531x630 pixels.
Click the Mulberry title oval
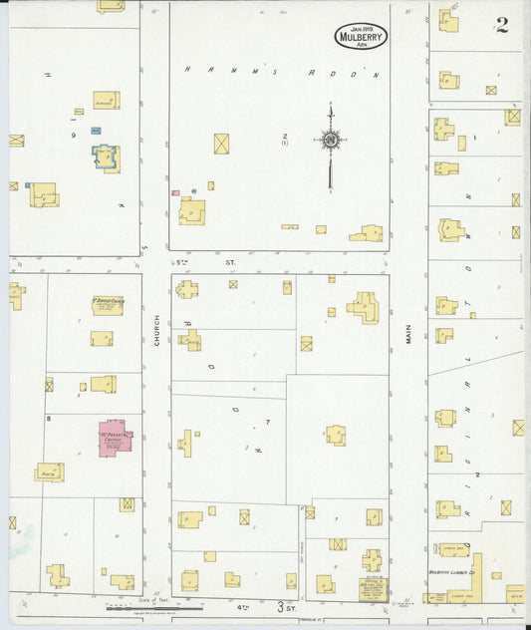pyautogui.click(x=361, y=37)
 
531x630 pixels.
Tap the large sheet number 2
pyautogui.click(x=502, y=26)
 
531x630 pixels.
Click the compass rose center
pyautogui.click(x=330, y=141)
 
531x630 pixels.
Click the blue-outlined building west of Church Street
pyautogui.click(x=105, y=157)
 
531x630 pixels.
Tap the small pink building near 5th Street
pyautogui.click(x=175, y=192)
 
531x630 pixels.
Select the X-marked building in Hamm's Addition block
pyautogui.click(x=221, y=144)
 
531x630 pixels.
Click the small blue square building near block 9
pyautogui.click(x=96, y=131)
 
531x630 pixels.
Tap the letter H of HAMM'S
pyautogui.click(x=186, y=70)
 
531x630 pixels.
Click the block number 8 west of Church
pyautogui.click(x=48, y=420)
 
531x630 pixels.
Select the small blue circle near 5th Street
pyautogui.click(x=209, y=187)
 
